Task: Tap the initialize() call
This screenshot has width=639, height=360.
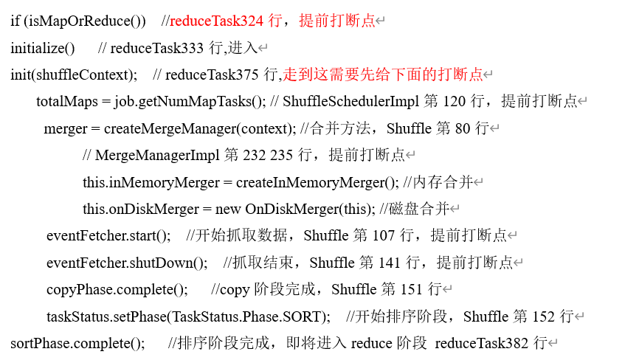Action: click(x=43, y=48)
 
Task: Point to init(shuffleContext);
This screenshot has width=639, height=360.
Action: click(x=74, y=75)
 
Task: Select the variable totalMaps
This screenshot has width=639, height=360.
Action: click(x=63, y=101)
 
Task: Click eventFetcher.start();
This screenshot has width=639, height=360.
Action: click(x=108, y=235)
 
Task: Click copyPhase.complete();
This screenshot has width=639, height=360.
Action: click(x=117, y=289)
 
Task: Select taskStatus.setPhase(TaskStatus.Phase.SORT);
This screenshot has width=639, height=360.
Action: click(x=188, y=316)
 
